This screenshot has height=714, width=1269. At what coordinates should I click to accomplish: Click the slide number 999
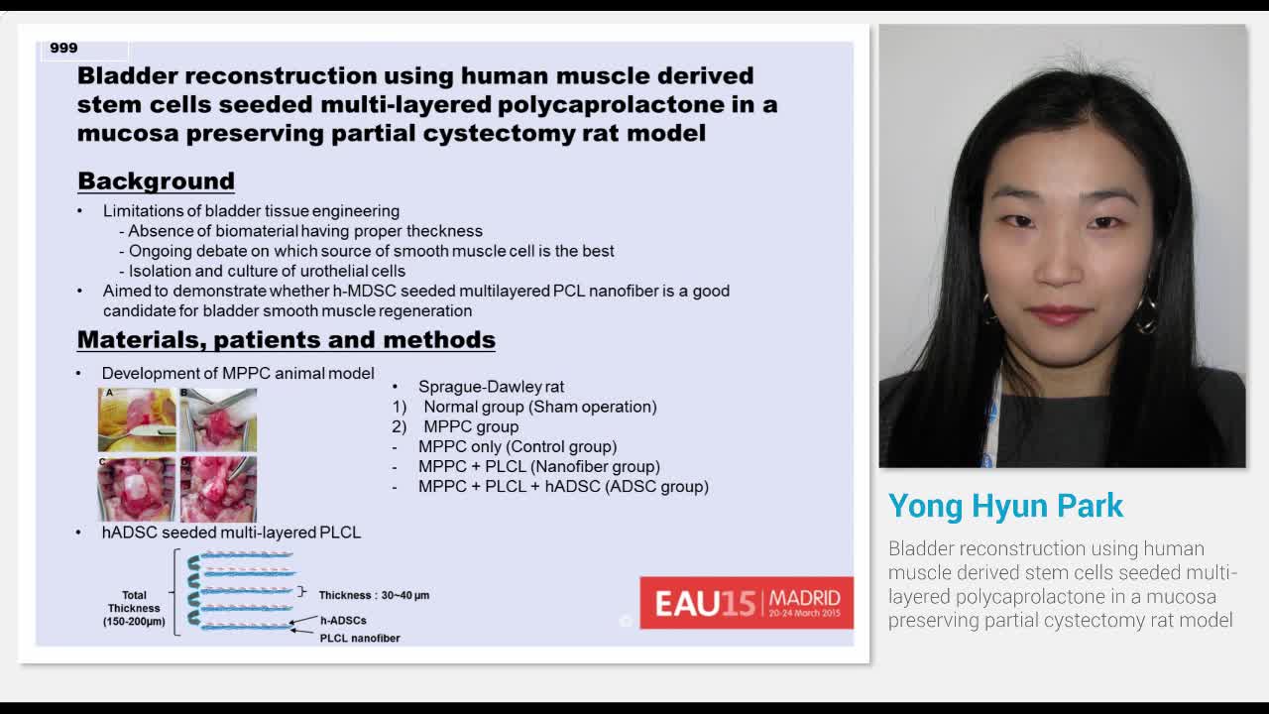click(63, 48)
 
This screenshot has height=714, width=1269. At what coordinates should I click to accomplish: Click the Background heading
click(156, 181)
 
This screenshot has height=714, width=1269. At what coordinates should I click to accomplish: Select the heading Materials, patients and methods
click(286, 340)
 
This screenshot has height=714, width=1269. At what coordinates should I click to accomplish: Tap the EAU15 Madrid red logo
click(746, 602)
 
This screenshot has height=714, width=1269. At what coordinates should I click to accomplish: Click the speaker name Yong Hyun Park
click(1005, 506)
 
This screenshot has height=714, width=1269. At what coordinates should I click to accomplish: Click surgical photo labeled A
click(137, 419)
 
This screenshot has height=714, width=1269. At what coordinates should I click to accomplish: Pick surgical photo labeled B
click(218, 419)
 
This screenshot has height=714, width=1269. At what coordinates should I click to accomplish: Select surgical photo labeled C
click(137, 489)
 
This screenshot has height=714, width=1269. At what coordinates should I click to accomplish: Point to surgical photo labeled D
click(218, 489)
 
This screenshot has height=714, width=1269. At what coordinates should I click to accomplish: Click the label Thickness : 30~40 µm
click(374, 595)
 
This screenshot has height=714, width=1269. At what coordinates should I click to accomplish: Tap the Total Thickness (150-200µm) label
click(134, 608)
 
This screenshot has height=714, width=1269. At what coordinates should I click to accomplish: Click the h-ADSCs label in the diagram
click(343, 621)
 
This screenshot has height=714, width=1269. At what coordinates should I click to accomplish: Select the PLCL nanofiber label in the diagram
click(360, 639)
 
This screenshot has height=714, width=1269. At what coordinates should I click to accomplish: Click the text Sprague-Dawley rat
click(491, 387)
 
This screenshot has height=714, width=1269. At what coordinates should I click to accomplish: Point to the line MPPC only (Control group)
click(517, 446)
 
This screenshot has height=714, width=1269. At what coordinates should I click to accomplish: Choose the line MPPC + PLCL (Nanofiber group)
click(538, 466)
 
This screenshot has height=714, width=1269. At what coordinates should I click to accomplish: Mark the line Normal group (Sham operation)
click(539, 407)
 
